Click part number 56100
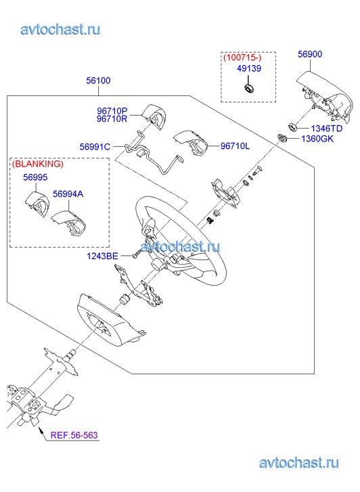click(98, 81)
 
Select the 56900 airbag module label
click(310, 54)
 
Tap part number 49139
click(249, 68)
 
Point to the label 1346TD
click(326, 129)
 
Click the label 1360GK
click(317, 139)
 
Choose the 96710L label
click(235, 146)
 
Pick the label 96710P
click(112, 111)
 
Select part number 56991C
click(95, 147)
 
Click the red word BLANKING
click(38, 164)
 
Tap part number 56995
click(35, 177)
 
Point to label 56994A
click(68, 194)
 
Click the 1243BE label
click(102, 256)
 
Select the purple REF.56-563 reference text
click(74, 435)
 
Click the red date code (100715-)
click(242, 58)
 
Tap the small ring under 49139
click(249, 88)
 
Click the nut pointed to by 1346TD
click(293, 127)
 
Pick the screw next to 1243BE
click(137, 254)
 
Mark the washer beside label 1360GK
click(282, 137)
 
